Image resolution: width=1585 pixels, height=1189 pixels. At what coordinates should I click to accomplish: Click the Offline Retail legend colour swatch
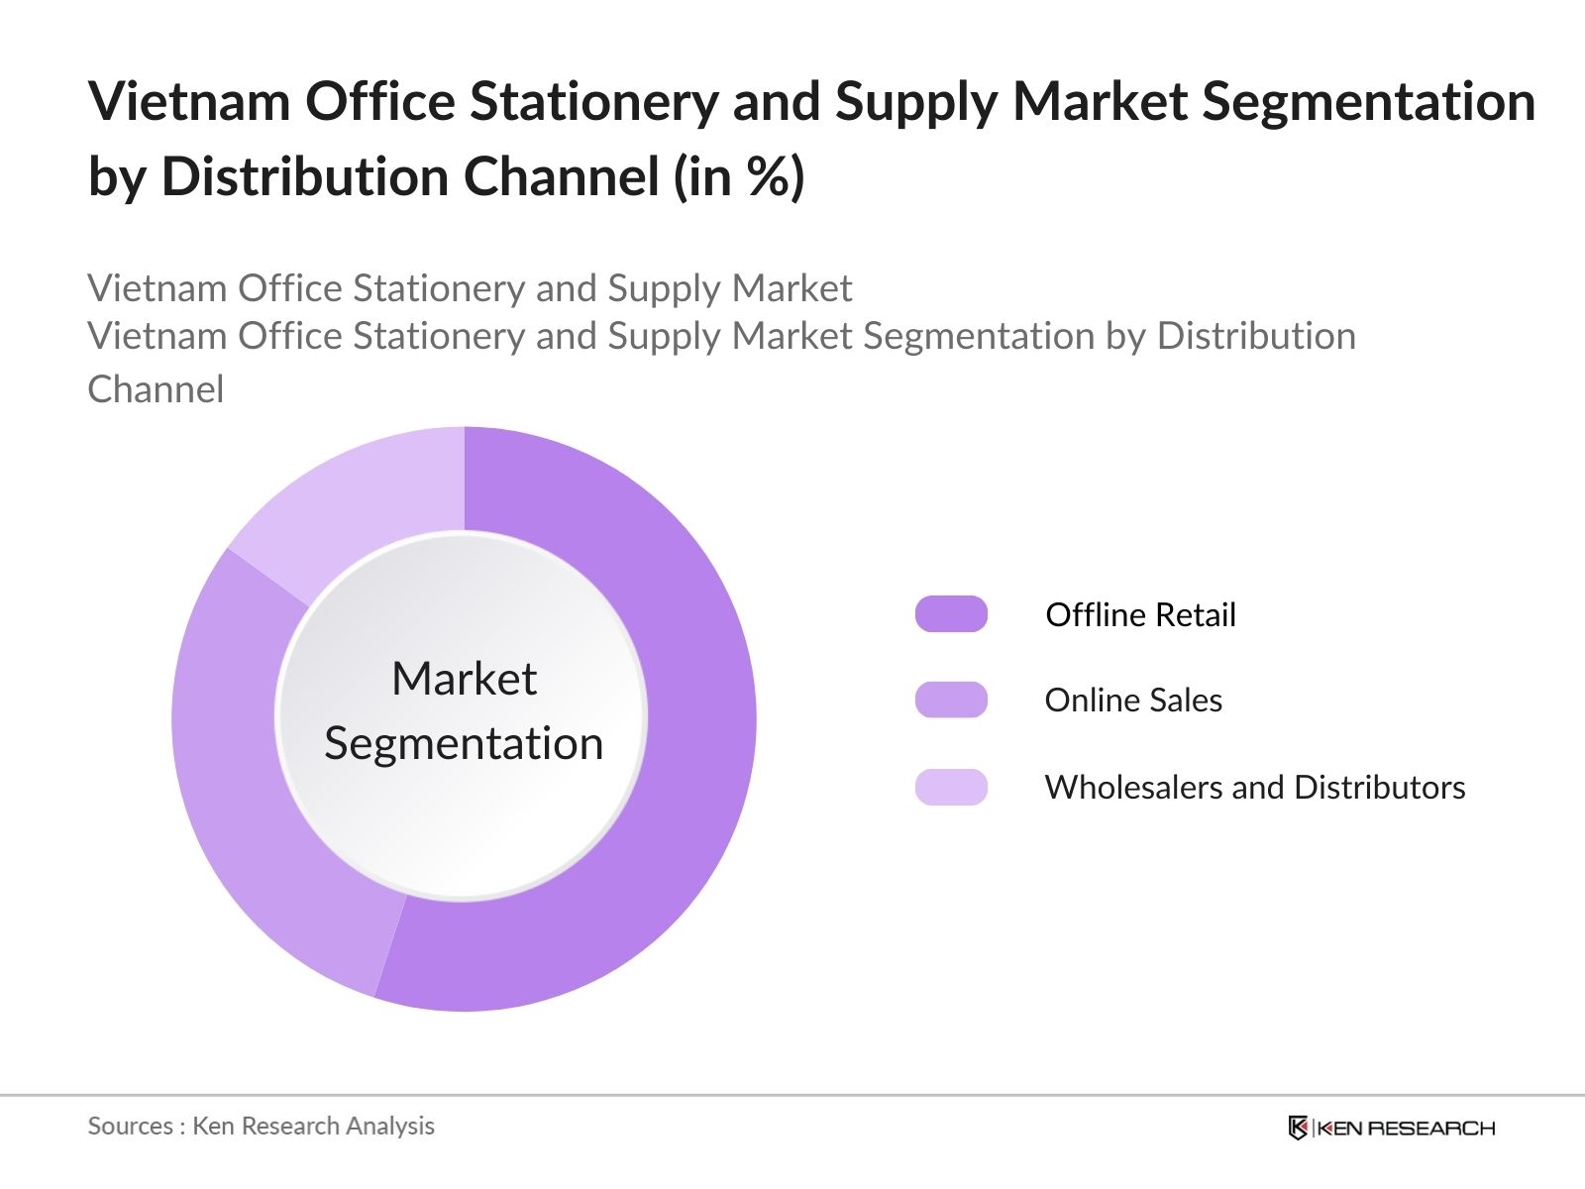coord(951,614)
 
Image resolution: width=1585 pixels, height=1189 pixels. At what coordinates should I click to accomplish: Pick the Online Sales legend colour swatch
coord(951,701)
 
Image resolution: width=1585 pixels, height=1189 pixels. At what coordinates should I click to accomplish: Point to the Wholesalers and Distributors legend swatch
coord(951,787)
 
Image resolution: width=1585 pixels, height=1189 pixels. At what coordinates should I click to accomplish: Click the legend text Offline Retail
coord(1140,614)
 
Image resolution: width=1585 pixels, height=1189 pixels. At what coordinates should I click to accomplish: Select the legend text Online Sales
coord(1133,701)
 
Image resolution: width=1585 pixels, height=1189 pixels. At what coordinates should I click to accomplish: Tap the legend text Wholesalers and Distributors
coord(1255,787)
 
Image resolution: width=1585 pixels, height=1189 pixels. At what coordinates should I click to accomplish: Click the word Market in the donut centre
coord(464,680)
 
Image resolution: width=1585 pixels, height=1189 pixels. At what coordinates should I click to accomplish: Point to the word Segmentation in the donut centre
coord(464,743)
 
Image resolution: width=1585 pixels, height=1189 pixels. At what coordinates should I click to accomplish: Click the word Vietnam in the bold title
coord(188,101)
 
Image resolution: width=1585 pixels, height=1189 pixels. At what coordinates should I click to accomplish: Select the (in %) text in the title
coord(739,178)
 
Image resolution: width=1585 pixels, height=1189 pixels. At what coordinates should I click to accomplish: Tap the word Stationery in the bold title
coord(593,101)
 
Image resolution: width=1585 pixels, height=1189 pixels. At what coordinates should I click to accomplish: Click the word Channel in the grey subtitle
coord(156,389)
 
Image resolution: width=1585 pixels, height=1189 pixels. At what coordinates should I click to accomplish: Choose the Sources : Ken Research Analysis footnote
coord(262,1126)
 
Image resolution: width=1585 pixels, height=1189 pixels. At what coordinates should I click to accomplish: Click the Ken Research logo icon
coord(1298,1128)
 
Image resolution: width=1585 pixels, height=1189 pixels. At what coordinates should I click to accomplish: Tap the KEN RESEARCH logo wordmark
coord(1405,1128)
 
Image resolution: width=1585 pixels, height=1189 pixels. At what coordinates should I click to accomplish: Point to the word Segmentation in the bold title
coord(1368,101)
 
